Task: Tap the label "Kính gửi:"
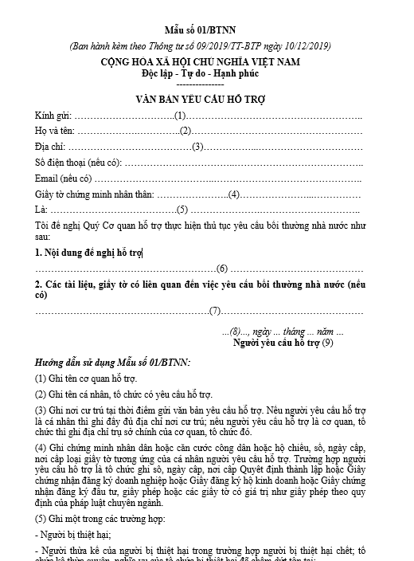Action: coord(53,116)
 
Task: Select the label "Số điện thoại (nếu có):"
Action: coord(78,163)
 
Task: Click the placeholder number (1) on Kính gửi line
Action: coord(180,116)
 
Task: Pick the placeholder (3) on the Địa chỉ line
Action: coord(199,147)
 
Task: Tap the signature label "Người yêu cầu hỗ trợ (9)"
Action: coord(283,343)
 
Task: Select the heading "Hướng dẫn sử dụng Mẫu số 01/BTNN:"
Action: coord(113,362)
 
